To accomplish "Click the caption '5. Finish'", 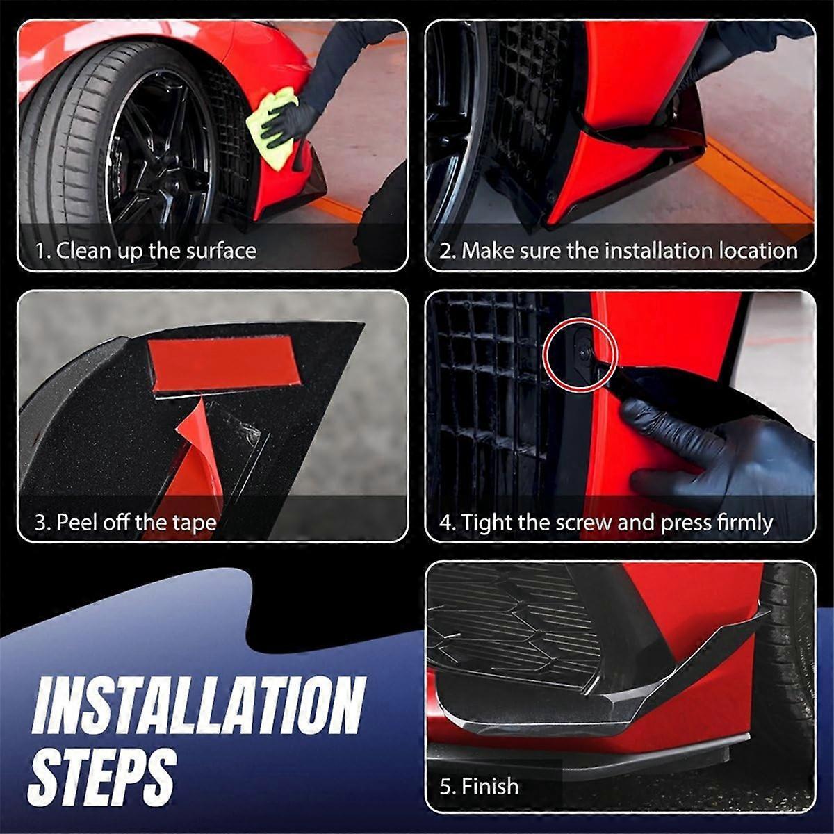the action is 479,774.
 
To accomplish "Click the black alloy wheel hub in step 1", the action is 152,160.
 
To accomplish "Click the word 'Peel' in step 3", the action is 74,523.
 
